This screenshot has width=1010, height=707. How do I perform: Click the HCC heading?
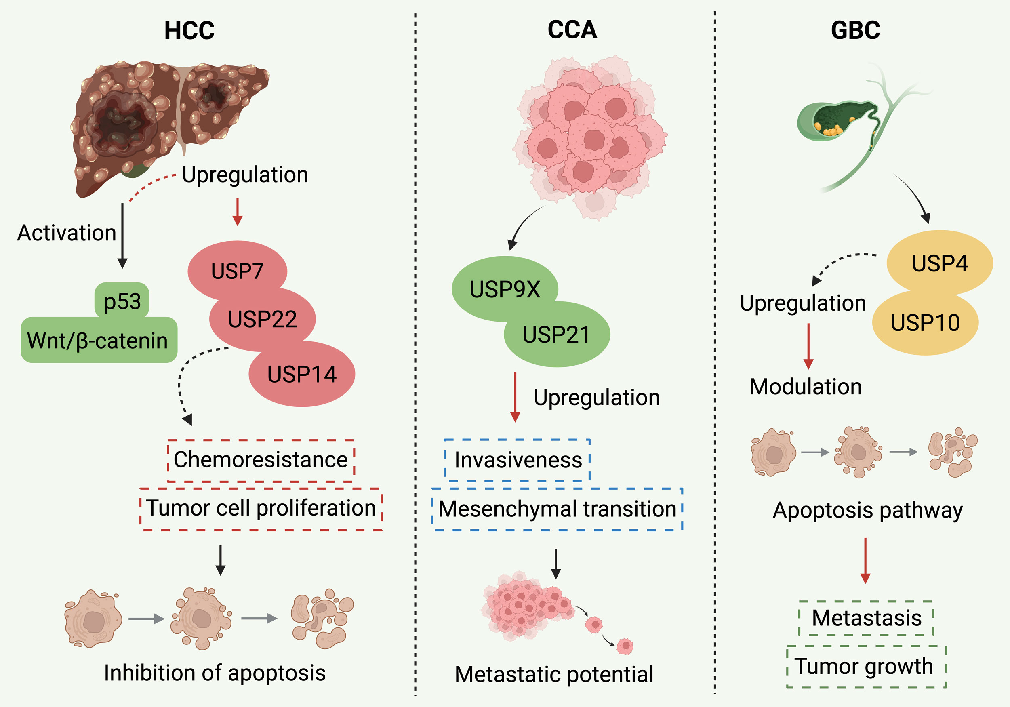point(189,30)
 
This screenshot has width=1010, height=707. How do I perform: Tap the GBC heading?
point(855,30)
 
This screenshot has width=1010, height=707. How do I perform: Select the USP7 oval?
point(237,271)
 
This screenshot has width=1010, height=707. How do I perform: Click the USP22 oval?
point(262,319)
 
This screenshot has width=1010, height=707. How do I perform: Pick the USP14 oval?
point(302,375)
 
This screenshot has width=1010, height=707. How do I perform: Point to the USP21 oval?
point(556,335)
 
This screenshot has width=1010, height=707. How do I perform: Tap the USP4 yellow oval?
point(940,263)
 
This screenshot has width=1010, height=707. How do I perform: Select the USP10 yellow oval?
point(925,322)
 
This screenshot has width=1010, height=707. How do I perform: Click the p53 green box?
point(122,301)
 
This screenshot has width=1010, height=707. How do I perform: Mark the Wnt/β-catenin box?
point(98,340)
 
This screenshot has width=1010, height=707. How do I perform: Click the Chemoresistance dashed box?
point(261,460)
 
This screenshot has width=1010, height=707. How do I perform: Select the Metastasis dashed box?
point(866,618)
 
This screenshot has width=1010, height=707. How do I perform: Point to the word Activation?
point(66,233)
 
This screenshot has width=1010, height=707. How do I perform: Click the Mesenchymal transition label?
point(557,509)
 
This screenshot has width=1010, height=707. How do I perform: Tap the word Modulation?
point(806,387)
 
